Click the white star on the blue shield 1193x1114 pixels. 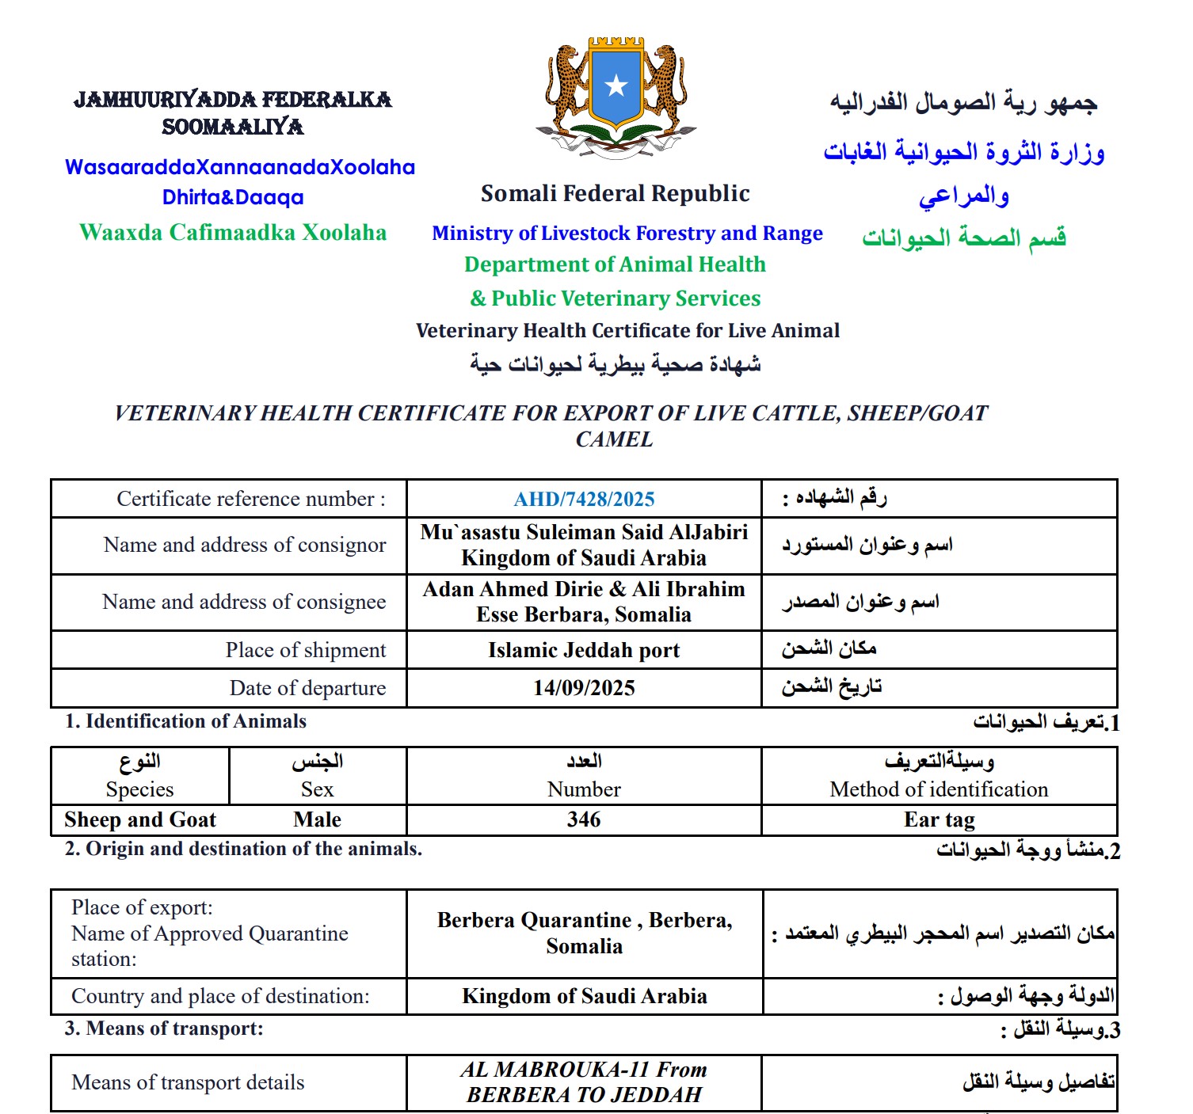(x=616, y=86)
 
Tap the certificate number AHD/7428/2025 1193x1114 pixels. (x=584, y=500)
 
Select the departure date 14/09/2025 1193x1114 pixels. (x=584, y=688)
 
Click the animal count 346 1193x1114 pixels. (x=584, y=819)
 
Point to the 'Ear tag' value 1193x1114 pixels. (x=939, y=819)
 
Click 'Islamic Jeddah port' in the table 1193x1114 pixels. (x=584, y=650)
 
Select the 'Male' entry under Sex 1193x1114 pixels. (x=317, y=819)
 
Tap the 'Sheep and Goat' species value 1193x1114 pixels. (x=140, y=819)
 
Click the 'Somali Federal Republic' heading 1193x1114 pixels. (x=615, y=193)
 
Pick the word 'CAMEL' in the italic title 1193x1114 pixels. (x=615, y=439)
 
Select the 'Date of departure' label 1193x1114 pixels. (x=307, y=688)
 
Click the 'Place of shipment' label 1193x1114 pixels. (x=306, y=650)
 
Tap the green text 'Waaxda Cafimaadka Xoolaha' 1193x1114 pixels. (x=233, y=232)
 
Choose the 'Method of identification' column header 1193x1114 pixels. (x=939, y=789)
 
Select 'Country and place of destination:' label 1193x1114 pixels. (x=220, y=996)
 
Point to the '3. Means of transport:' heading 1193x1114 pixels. (x=164, y=1028)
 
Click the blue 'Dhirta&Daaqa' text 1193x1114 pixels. (x=233, y=197)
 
